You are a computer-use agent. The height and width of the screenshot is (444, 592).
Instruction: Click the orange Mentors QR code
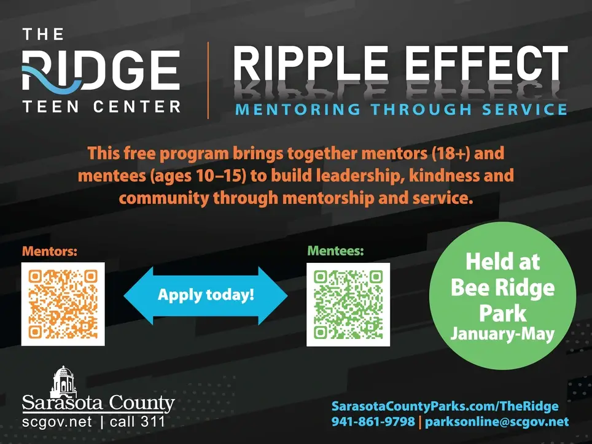[63, 304]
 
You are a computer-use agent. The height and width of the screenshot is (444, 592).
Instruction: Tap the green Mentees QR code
[348, 304]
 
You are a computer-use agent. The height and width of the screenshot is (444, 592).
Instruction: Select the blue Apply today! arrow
[206, 295]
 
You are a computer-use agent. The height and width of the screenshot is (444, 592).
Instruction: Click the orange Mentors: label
[50, 251]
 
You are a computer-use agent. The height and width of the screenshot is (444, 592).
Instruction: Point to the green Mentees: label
[335, 251]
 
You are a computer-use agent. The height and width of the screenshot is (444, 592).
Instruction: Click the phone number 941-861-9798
[372, 422]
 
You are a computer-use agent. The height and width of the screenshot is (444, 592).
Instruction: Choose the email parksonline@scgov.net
[497, 422]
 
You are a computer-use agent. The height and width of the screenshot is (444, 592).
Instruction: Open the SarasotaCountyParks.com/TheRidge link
[445, 406]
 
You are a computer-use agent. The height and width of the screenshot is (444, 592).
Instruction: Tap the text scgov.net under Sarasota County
[57, 422]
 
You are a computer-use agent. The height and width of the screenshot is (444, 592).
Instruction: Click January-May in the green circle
[502, 334]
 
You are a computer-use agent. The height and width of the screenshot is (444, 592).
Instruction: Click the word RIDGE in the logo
[101, 71]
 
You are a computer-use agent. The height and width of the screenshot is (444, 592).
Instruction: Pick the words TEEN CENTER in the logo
[101, 107]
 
